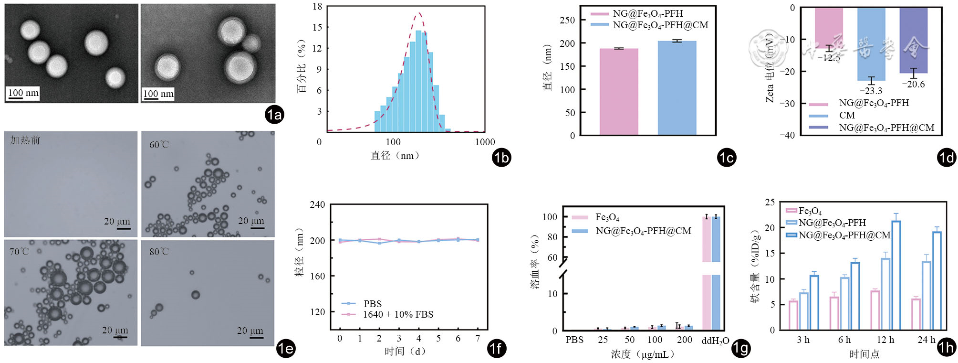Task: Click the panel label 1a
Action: [274, 115]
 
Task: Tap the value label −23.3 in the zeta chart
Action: [871, 91]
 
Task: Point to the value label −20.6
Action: [913, 85]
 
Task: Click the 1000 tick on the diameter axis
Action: [485, 142]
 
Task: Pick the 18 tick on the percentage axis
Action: [317, 7]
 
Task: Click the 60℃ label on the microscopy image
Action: [159, 145]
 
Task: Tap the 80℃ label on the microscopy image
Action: [159, 252]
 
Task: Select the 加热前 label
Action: [25, 140]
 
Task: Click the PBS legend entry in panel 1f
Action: [372, 304]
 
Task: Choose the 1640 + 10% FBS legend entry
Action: [398, 314]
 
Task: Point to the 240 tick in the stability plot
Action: [317, 204]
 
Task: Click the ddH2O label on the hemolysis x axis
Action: [715, 341]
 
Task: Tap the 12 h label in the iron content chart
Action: [885, 340]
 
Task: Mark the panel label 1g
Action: [741, 349]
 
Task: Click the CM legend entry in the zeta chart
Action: [847, 115]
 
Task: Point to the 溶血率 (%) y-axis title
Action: [535, 262]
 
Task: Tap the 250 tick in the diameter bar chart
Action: [567, 20]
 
